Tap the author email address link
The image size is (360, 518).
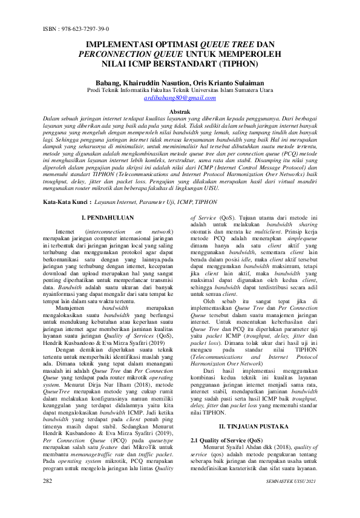[x=180, y=97]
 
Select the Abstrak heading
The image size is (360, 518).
[x=180, y=112]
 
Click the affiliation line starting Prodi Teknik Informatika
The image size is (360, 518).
[x=180, y=90]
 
